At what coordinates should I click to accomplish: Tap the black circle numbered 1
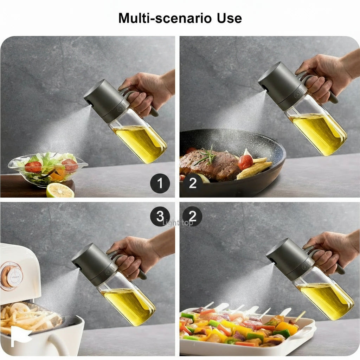pos(160,183)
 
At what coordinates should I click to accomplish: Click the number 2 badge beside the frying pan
pos(192,183)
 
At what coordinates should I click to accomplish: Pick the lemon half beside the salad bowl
pos(60,190)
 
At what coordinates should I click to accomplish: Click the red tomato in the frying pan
pos(245,162)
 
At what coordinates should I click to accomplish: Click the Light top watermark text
pos(178,223)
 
